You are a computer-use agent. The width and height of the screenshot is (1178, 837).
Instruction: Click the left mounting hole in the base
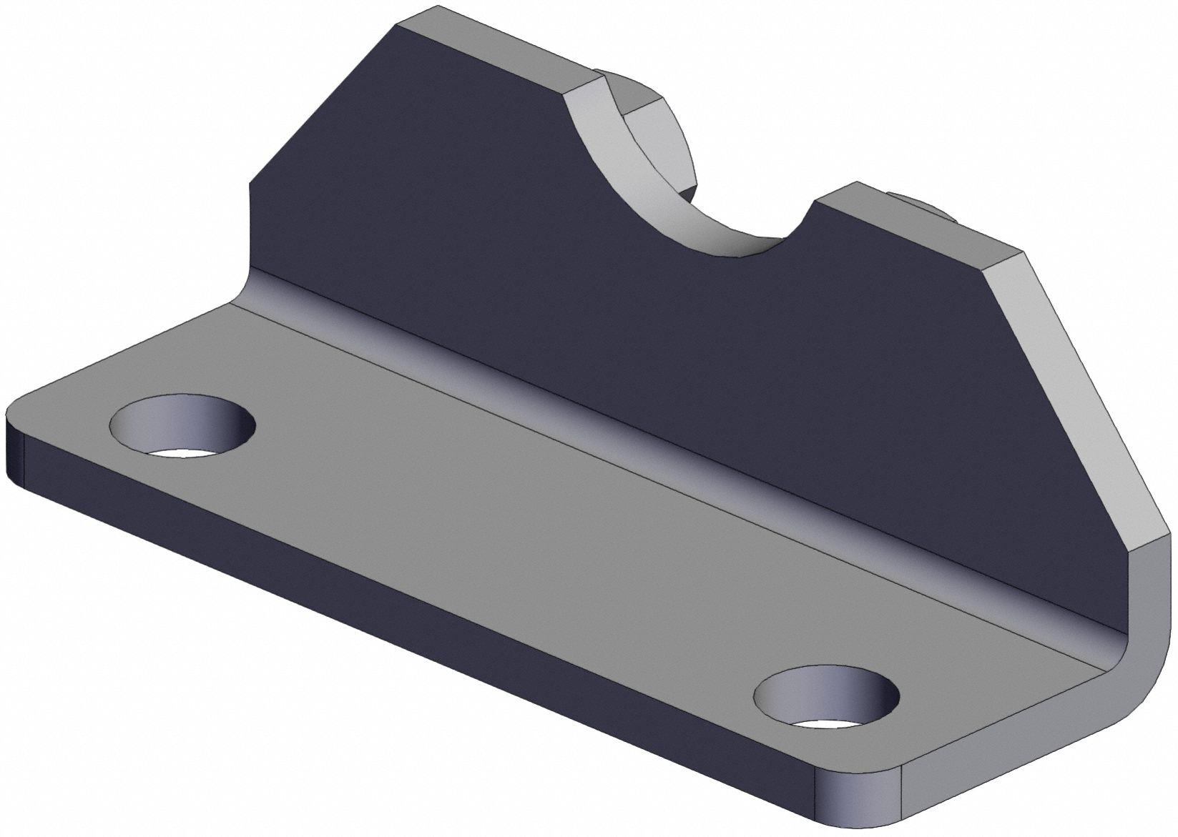tap(182, 429)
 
